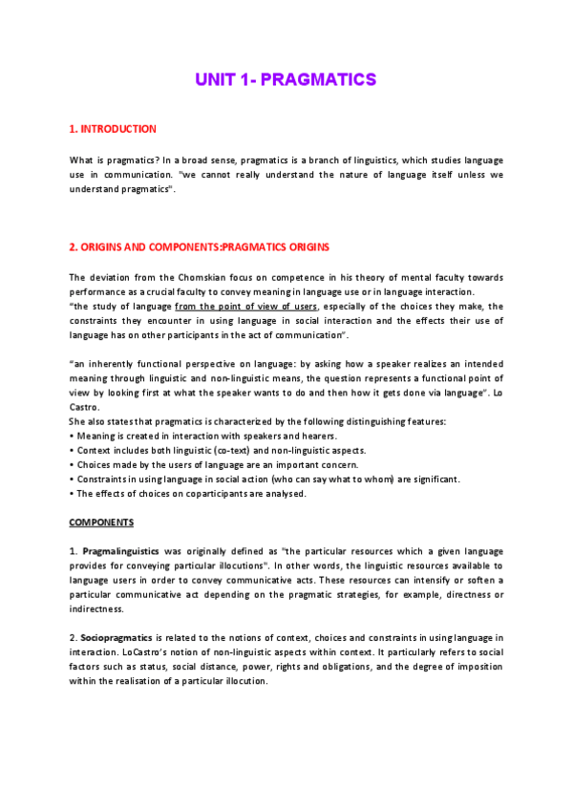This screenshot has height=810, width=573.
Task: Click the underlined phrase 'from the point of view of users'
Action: [x=246, y=306]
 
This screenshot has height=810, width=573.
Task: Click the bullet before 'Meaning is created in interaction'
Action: [x=72, y=436]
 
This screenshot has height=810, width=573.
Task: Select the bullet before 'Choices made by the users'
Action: [x=72, y=464]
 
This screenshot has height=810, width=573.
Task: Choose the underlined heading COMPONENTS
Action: [x=101, y=522]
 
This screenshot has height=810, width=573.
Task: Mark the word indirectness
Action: [x=96, y=609]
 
